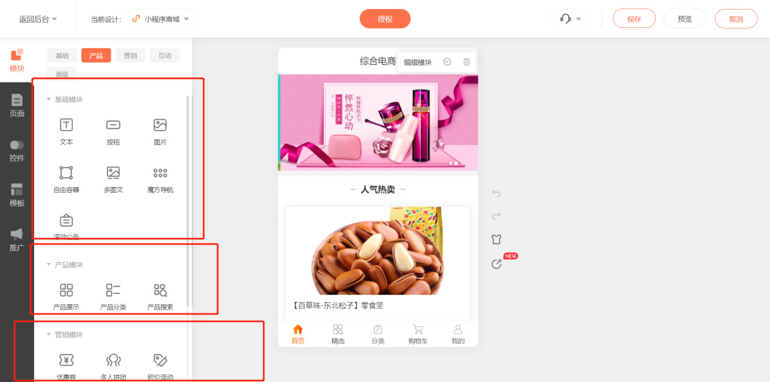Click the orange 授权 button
tap(385, 19)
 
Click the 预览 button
tap(685, 19)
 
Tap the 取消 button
tap(736, 19)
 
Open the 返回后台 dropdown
tap(38, 19)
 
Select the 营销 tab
tap(130, 56)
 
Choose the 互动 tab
tap(165, 56)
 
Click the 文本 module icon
tap(66, 125)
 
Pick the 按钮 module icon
tap(113, 125)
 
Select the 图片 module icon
tap(160, 125)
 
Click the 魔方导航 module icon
tap(160, 173)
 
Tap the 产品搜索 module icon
tap(160, 290)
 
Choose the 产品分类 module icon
tap(113, 290)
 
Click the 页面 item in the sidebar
tap(17, 105)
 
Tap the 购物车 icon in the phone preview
tap(418, 330)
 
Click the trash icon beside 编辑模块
tap(466, 62)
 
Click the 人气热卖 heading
tap(377, 189)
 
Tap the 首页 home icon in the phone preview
tap(298, 330)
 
